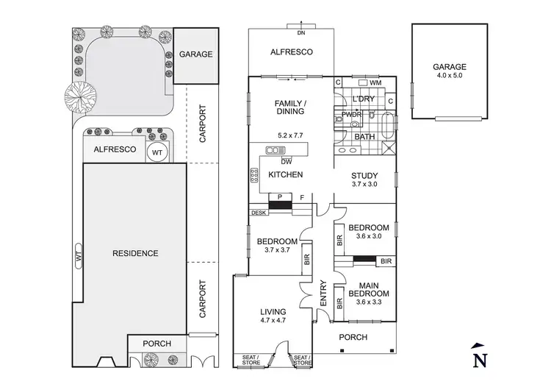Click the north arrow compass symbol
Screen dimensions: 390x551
[480, 356]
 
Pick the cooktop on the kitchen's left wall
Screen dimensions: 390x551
[255, 175]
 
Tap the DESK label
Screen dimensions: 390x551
[259, 213]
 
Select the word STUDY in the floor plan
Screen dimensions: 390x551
[364, 175]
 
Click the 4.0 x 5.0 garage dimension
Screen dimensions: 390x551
[451, 77]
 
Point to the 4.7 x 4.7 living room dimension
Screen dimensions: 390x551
[274, 320]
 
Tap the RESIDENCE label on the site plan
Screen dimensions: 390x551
[135, 253]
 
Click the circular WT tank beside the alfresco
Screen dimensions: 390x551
[157, 152]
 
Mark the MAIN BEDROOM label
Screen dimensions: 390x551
[373, 289]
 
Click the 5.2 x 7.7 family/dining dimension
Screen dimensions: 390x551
[290, 135]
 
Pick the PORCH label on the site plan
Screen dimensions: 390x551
[157, 344]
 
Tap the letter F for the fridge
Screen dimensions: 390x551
[302, 197]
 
